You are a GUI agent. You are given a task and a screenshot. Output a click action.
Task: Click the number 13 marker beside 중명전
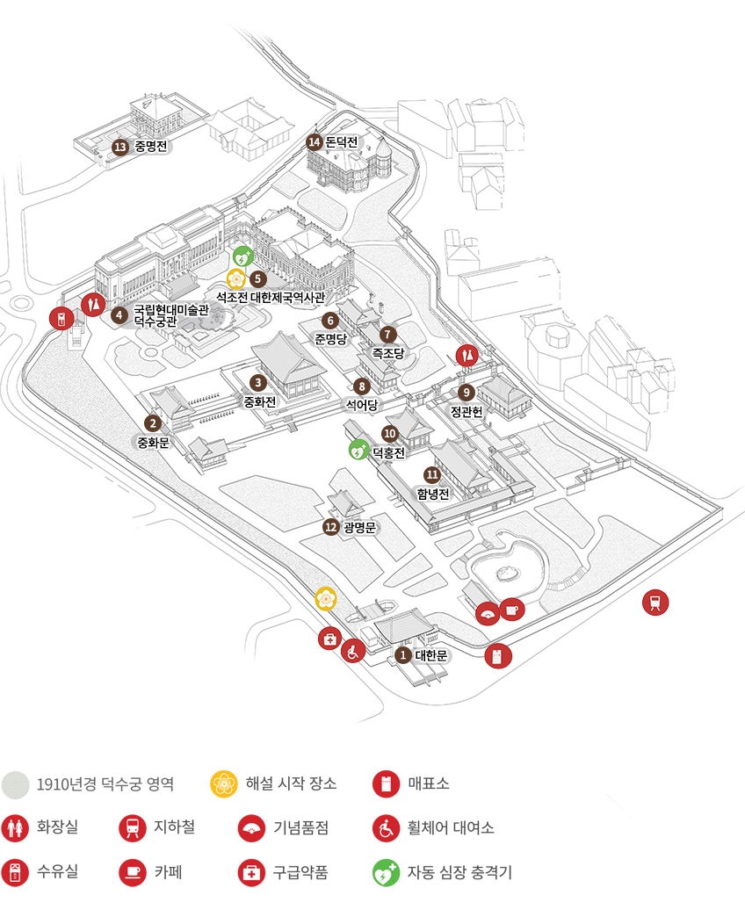coord(121,147)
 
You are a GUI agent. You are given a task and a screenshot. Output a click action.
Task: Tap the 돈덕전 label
coord(342,142)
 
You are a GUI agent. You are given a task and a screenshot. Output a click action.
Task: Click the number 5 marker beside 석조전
coord(257,278)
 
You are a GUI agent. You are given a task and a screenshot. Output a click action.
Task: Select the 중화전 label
coord(260,402)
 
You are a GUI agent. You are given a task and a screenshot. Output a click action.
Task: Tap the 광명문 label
coord(359,527)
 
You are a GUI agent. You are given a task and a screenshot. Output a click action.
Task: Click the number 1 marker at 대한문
coord(402,655)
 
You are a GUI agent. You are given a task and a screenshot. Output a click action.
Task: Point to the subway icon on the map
coord(655,602)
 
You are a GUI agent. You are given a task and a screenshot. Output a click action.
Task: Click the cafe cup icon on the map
coord(512,608)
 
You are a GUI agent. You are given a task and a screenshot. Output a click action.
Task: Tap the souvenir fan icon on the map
coord(488,613)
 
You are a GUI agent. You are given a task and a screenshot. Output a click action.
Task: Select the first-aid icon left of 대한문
coord(329,639)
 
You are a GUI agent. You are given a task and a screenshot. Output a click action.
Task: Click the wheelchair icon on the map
coord(353,652)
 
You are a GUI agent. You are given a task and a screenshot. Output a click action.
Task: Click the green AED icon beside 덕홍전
coord(358,451)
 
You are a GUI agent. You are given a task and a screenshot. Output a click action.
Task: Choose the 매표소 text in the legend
coord(429,783)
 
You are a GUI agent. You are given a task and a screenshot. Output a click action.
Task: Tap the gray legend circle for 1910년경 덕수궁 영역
coord(15,783)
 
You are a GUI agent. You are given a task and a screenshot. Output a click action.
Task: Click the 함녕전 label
coord(433,494)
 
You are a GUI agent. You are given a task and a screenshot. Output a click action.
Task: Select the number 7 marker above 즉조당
coord(387,335)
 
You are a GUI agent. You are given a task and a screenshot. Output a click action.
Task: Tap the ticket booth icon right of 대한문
coord(497,656)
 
